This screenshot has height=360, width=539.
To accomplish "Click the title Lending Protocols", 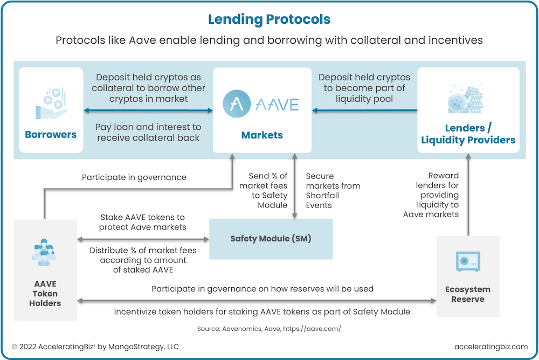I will coord(269,20).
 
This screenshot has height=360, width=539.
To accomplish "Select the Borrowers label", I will coord(51,134).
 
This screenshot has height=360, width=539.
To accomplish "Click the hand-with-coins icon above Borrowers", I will coord(51,102).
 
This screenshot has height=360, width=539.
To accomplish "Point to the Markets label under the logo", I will coord(261,135).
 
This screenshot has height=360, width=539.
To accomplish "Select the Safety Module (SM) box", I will coord(271,239).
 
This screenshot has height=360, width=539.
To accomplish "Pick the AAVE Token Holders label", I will coord(45,293).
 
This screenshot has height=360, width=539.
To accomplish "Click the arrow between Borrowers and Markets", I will coord(148,111).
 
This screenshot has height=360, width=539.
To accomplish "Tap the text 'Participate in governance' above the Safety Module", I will coord(134,177).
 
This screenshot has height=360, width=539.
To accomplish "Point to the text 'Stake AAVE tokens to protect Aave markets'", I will coord(142,222).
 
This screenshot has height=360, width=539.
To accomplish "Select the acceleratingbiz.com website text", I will coord(491,347).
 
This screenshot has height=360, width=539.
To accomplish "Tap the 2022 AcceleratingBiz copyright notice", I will coord(95,347).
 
